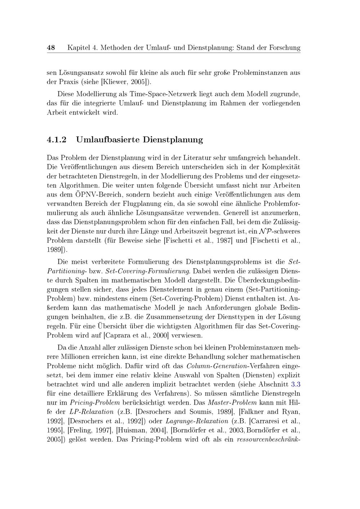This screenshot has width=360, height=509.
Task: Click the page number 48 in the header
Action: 51,48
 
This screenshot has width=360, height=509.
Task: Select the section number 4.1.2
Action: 57,140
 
